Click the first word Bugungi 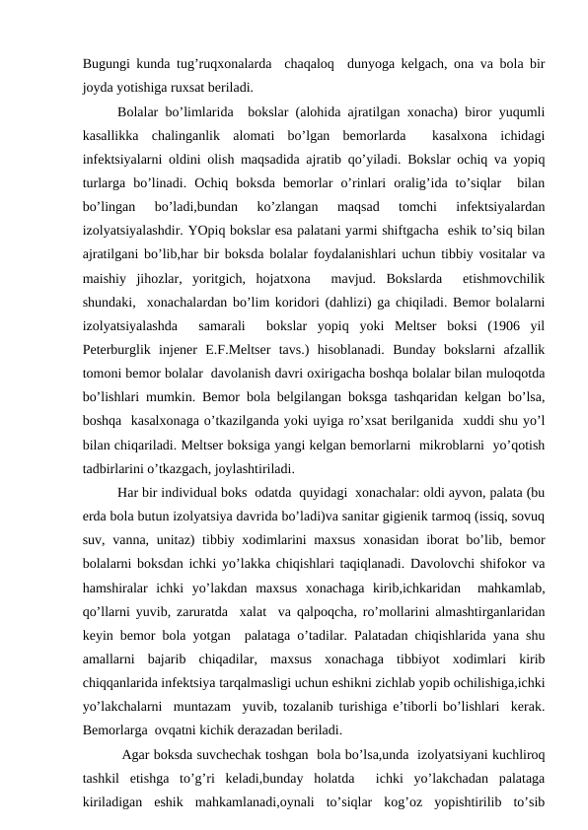[x=108, y=63]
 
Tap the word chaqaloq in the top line [x=308, y=63]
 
